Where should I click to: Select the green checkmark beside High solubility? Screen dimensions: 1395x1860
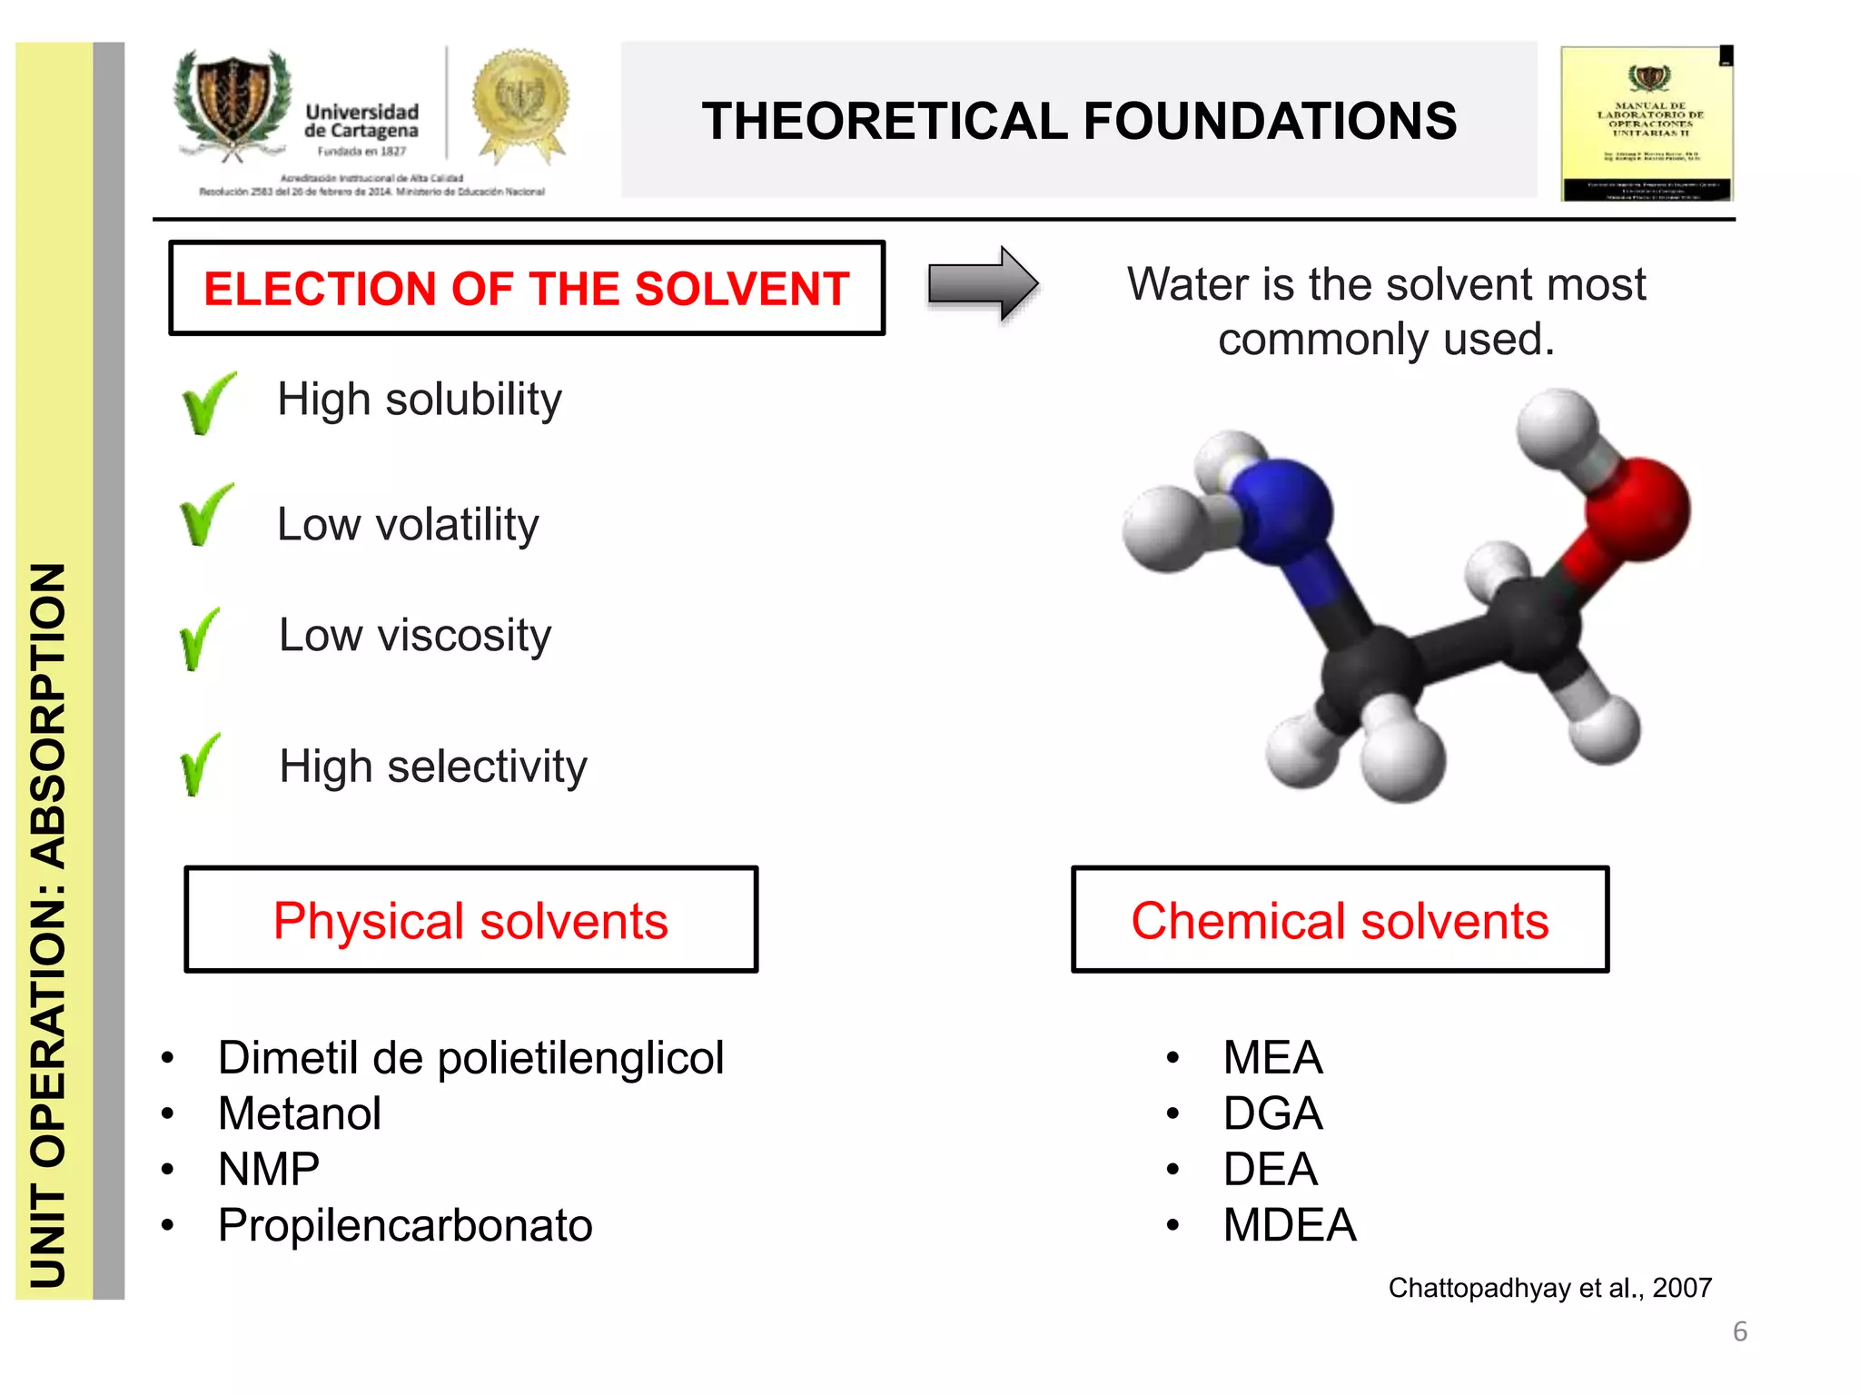208,403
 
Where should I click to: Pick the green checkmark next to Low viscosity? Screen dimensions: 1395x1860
200,639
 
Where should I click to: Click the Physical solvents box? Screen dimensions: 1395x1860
470,920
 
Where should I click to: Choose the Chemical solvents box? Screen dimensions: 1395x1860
1340,920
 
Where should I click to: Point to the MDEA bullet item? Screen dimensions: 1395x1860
1290,1225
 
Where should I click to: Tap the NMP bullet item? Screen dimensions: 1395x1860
269,1169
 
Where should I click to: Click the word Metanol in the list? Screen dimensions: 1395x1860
300,1113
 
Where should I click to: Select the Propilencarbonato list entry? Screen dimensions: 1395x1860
405,1225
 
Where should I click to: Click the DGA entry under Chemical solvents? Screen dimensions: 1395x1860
1272,1113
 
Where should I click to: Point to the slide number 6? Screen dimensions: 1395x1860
1740,1331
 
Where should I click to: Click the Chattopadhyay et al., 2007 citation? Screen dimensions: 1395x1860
1550,1288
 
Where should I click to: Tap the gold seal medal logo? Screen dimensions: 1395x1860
520,103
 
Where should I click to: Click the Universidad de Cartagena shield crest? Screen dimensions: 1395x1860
233,103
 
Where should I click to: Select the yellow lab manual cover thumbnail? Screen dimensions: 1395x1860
1647,123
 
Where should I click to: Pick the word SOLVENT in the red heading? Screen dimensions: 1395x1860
742,289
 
